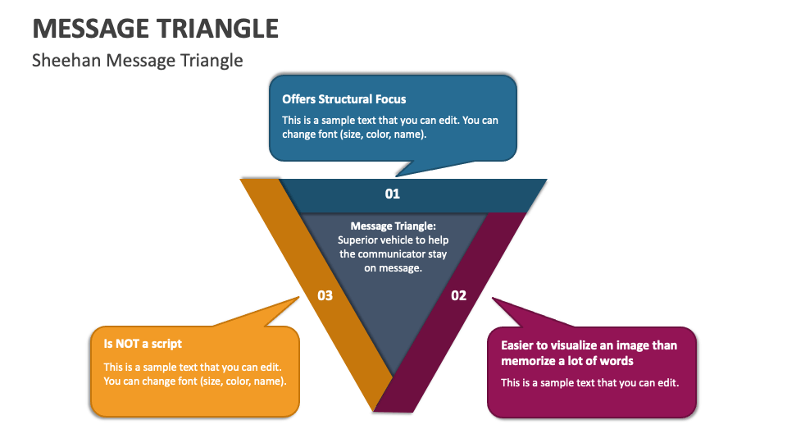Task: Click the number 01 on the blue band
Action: point(393,194)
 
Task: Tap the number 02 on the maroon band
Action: point(458,295)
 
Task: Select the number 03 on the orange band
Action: point(325,295)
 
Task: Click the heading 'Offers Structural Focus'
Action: point(343,99)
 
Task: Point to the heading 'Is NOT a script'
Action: point(143,344)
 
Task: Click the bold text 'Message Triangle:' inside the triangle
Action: point(393,226)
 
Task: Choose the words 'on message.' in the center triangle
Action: point(393,267)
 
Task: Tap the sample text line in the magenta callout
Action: point(589,382)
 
